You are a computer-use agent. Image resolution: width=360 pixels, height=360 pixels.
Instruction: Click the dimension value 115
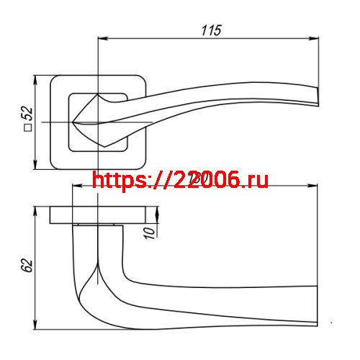click(x=210, y=30)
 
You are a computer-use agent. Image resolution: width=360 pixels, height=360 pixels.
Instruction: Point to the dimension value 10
click(x=149, y=232)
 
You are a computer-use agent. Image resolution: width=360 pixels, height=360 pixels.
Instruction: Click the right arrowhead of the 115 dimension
click(x=314, y=40)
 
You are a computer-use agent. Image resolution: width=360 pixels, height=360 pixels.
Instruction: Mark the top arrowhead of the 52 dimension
click(x=36, y=78)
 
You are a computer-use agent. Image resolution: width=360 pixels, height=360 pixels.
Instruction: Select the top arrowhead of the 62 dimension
click(x=36, y=211)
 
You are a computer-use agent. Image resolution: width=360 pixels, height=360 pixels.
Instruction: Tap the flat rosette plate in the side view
click(x=104, y=215)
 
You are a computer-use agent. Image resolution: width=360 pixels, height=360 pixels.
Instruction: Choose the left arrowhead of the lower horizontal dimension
click(x=76, y=187)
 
